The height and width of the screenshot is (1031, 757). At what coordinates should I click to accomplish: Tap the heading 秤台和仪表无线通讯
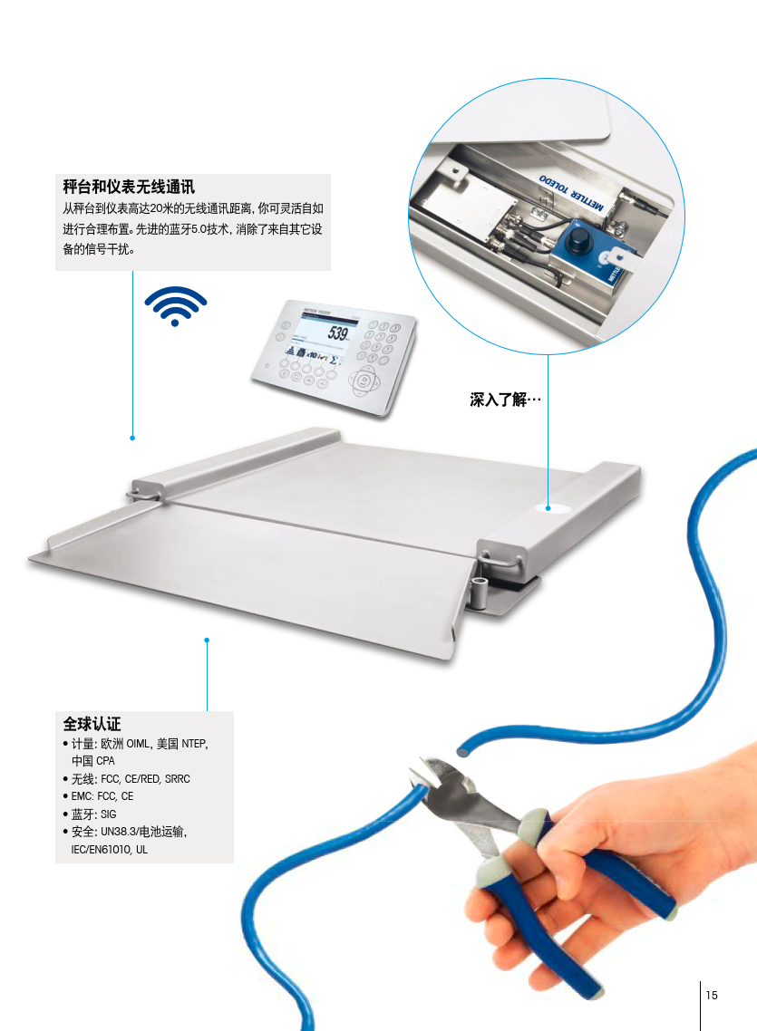(129, 187)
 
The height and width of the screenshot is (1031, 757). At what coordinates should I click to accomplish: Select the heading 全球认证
(92, 724)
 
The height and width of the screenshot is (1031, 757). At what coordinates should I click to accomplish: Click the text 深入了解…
(505, 400)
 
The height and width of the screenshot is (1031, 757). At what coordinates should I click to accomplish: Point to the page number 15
(712, 995)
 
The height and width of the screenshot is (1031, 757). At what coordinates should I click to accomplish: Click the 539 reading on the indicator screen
(338, 333)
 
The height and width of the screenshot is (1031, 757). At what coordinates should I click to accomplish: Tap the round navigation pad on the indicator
(363, 381)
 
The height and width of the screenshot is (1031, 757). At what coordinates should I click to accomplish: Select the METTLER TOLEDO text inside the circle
(571, 193)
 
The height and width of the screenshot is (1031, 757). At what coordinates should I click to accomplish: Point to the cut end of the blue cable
(463, 748)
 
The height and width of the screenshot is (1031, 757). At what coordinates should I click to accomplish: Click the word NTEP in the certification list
(194, 744)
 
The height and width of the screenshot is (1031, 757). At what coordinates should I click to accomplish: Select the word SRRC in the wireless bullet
(178, 779)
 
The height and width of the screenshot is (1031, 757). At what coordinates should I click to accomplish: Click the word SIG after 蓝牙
(109, 814)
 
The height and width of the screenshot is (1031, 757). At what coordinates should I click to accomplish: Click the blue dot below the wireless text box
(132, 438)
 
